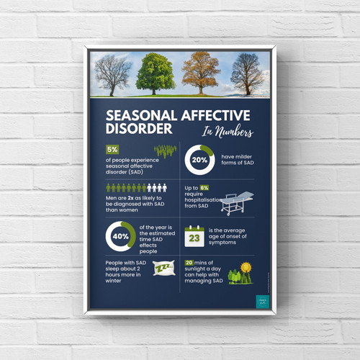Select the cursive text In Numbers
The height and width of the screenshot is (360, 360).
(x=218, y=132)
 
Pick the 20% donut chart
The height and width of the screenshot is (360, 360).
(x=199, y=161)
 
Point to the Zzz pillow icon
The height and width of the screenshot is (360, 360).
(x=165, y=270)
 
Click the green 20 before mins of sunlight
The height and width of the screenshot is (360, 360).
(x=189, y=263)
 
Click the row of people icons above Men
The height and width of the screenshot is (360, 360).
(x=135, y=187)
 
